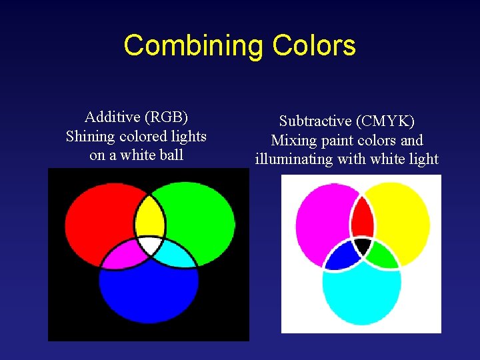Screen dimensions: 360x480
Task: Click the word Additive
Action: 113,117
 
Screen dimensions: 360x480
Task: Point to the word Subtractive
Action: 315,121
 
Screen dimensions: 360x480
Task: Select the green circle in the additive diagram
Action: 200,217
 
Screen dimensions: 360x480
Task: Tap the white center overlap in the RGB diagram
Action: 151,245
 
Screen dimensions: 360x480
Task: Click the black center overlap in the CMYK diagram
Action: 362,245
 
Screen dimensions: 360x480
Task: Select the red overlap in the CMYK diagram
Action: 362,218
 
